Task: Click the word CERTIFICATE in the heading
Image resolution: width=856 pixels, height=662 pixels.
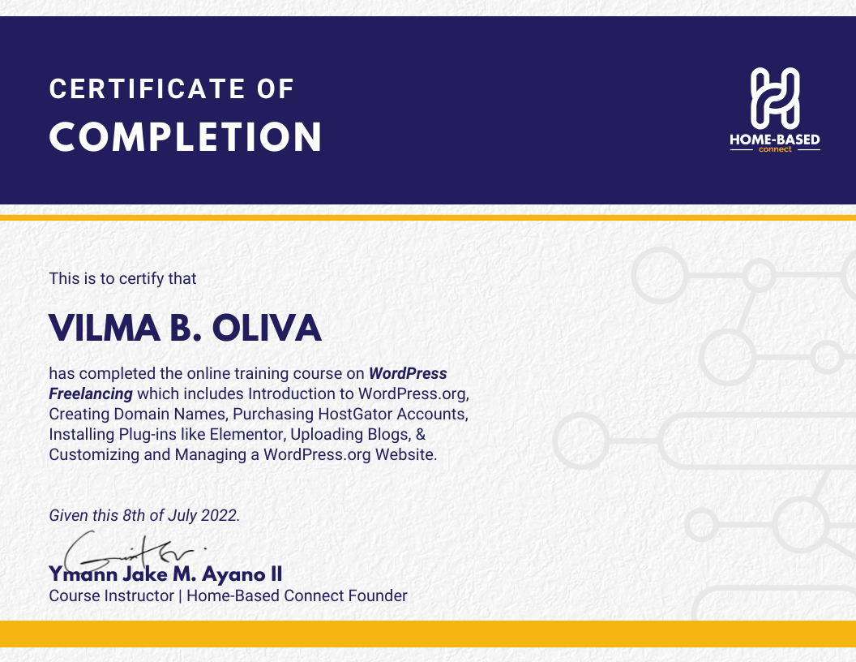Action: click(148, 89)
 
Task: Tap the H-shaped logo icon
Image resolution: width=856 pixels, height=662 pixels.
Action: click(775, 98)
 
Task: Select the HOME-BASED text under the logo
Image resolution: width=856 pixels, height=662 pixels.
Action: click(775, 140)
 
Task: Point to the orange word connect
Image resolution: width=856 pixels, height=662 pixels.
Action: click(775, 149)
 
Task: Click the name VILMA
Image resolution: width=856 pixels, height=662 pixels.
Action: click(105, 329)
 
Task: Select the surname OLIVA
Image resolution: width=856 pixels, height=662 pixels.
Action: click(267, 329)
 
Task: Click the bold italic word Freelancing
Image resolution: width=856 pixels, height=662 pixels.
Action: click(91, 393)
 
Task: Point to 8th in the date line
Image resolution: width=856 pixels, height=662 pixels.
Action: click(134, 515)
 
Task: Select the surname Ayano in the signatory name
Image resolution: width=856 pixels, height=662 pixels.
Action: click(233, 574)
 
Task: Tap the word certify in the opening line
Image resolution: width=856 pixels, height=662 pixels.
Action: click(141, 279)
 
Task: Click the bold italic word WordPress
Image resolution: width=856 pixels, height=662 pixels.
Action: click(408, 374)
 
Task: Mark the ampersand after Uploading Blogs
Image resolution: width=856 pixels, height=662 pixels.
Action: click(421, 434)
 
